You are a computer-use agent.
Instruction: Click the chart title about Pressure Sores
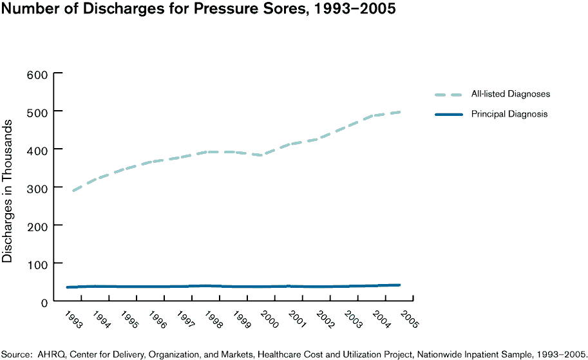point(198,10)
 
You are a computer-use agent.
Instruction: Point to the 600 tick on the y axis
point(37,74)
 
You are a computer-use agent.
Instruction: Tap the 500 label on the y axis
point(37,112)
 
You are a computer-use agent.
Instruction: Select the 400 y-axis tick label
point(37,150)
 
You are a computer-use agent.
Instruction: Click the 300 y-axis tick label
point(37,188)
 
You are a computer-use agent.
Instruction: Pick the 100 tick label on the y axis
point(37,264)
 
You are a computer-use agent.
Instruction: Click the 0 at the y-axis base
point(44,302)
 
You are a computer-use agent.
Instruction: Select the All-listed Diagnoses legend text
point(510,94)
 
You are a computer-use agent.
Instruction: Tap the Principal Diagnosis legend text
point(509,114)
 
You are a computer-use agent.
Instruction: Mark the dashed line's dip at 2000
point(261,155)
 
